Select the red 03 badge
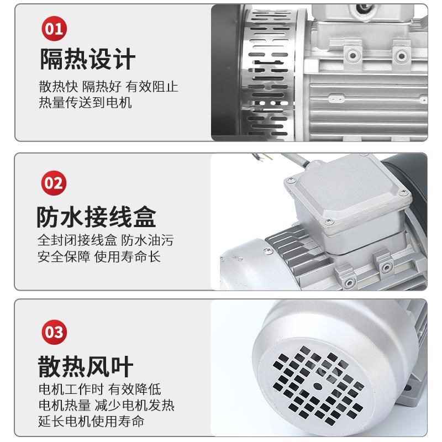pyautogui.click(x=54, y=333)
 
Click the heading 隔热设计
pyautogui.click(x=87, y=60)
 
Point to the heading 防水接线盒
pyautogui.click(x=97, y=217)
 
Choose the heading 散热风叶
pyautogui.click(x=86, y=366)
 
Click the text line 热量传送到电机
pyautogui.click(x=85, y=103)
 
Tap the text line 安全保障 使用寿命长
pyautogui.click(x=99, y=257)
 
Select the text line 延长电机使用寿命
pyautogui.click(x=91, y=421)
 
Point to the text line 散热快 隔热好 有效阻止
pyautogui.click(x=108, y=87)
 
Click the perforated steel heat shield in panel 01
pyautogui.click(x=271, y=72)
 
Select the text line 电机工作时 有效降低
pyautogui.click(x=99, y=389)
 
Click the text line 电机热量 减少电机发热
pyautogui.click(x=106, y=405)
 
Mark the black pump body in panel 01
pyautogui.click(x=224, y=72)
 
